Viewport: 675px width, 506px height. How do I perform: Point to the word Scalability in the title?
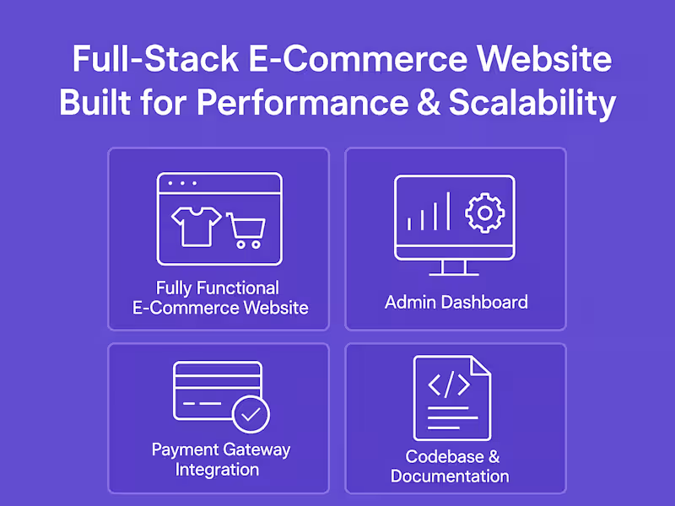(532, 103)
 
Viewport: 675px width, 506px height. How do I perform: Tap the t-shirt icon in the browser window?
(196, 223)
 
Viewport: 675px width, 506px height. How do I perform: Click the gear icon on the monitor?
(484, 213)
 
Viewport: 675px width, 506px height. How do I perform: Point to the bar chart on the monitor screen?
(429, 213)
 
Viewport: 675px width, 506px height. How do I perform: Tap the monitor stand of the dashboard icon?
(454, 268)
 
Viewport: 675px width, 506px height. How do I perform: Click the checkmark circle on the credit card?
(251, 414)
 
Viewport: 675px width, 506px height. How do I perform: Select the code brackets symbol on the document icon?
(449, 385)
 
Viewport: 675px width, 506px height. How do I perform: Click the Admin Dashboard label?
(456, 302)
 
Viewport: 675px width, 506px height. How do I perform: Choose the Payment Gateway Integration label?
(220, 459)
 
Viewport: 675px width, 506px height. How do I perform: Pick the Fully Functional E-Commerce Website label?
(220, 298)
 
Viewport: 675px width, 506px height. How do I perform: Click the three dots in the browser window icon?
(182, 183)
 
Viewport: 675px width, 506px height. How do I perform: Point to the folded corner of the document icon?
(479, 367)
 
